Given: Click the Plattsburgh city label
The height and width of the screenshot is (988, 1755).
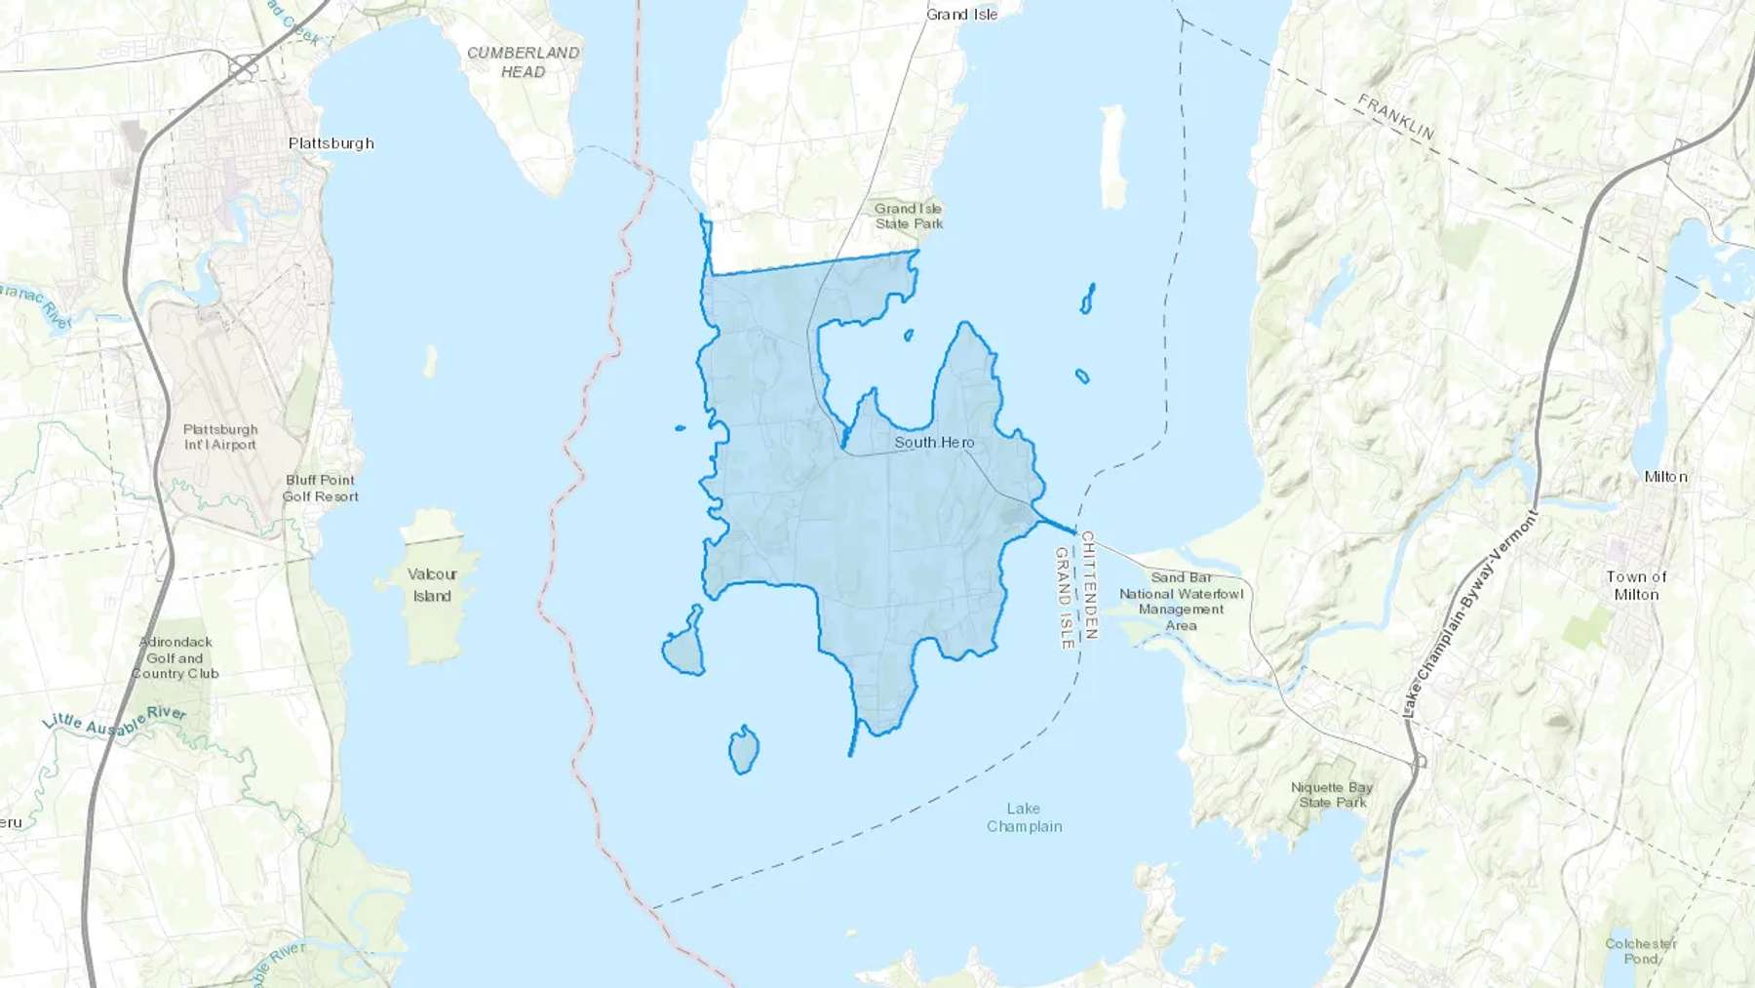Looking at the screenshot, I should coord(331,143).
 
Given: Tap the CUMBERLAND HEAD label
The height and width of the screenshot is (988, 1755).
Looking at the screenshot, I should coord(523,61).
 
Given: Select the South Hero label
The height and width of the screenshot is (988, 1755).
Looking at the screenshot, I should coord(934,443).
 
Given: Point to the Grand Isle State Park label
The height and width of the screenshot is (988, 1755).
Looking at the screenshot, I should coord(909,216).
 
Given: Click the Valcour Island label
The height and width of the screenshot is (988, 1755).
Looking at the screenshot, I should coord(432,585).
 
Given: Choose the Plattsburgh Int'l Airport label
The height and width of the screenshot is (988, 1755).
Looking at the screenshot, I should coord(220,437).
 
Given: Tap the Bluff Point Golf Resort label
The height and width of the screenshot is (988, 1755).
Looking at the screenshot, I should coord(321,488).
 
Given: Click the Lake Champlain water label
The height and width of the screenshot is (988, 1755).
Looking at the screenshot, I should coord(1024,817).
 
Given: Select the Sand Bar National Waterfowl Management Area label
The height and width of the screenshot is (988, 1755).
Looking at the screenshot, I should coord(1181,601).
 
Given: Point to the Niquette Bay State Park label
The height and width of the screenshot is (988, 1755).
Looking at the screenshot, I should coord(1332,795).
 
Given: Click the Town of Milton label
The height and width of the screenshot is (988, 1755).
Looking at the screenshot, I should coord(1636,585).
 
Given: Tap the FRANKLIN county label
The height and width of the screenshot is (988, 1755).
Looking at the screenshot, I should coord(1396,117).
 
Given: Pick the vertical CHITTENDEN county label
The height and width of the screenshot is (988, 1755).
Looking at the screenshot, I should coord(1089,585).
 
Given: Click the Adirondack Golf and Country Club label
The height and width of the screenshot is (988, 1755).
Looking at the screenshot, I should coord(175,657).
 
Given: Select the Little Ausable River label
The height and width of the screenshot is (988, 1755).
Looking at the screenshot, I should coord(114,722).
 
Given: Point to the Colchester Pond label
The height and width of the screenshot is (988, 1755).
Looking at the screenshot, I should coord(1641,951).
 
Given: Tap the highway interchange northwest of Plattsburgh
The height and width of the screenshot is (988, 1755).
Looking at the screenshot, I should coord(243,67).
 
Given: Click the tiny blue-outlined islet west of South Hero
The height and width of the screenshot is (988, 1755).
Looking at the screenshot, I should coord(680,427).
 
